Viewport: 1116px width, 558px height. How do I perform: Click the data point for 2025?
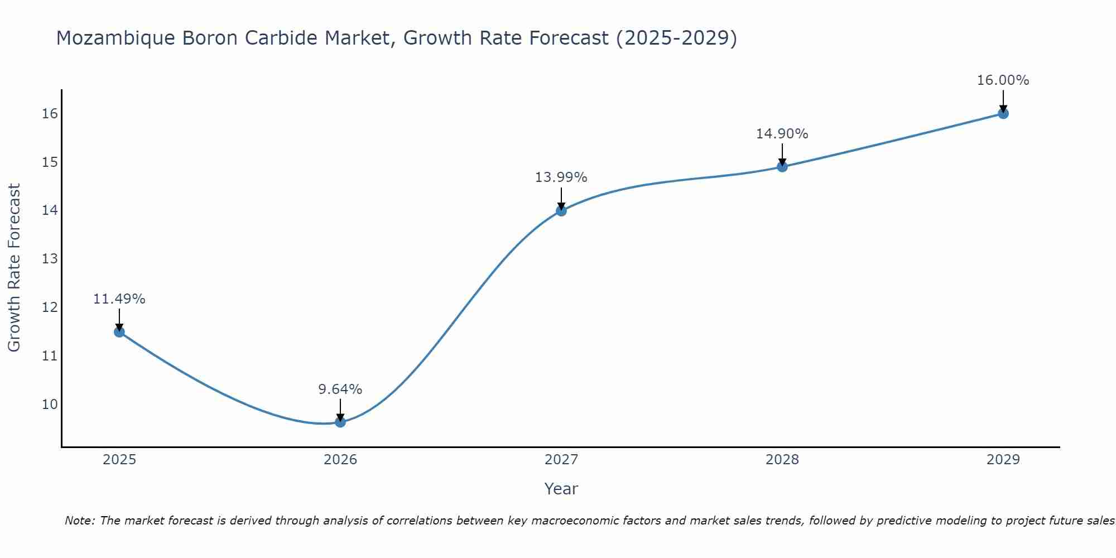pos(119,332)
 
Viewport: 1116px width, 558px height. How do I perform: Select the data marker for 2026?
pos(340,422)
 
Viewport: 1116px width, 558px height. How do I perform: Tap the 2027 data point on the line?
pos(561,210)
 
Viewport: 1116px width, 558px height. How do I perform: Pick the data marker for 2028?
pos(782,166)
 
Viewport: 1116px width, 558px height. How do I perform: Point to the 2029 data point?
pos(1003,113)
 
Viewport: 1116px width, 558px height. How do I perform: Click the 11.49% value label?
pos(119,299)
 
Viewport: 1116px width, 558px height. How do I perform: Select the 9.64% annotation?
pos(340,389)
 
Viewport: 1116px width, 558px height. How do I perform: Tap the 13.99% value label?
pos(561,177)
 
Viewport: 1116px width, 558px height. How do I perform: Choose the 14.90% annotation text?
pos(782,134)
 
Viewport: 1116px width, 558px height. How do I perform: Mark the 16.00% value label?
pos(1003,80)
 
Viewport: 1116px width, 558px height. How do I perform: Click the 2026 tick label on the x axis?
pos(340,460)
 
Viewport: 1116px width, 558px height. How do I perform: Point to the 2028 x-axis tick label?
pos(782,460)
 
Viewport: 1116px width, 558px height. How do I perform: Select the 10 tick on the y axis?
pos(50,404)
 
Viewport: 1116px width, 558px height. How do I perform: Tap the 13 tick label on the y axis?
pos(50,259)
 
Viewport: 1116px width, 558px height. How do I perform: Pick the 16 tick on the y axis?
pos(50,114)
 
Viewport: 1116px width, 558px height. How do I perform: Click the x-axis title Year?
pos(561,489)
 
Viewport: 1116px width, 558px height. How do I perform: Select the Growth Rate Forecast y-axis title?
pos(15,268)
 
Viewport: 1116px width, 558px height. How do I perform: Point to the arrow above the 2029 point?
pos(1003,100)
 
